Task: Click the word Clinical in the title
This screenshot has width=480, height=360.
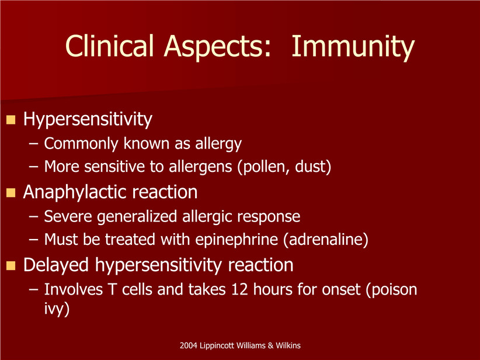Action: click(x=109, y=46)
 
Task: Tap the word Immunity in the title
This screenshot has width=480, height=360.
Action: click(x=353, y=47)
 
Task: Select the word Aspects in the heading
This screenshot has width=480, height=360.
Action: click(x=218, y=47)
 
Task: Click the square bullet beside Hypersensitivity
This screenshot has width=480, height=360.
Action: click(x=11, y=119)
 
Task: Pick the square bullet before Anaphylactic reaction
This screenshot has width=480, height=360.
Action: click(x=11, y=193)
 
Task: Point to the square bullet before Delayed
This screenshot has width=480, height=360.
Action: click(x=11, y=265)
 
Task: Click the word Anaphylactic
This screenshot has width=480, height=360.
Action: click(x=75, y=193)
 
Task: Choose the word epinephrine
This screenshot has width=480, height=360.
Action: click(x=236, y=240)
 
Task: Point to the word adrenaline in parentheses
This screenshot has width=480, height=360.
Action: click(x=326, y=240)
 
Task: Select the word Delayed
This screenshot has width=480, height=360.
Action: click(x=56, y=265)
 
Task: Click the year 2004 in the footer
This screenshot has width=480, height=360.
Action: click(x=188, y=345)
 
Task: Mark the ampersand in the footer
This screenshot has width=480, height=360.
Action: click(x=270, y=345)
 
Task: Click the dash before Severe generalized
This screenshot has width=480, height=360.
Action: click(x=33, y=216)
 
